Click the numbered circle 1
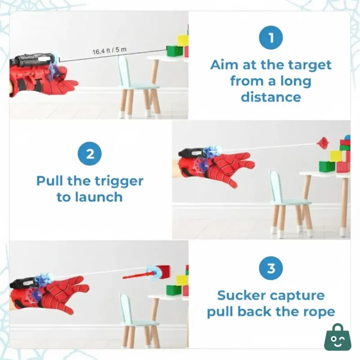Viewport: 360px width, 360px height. click(271, 38)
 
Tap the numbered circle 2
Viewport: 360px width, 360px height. click(90, 154)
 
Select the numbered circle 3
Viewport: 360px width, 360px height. click(271, 269)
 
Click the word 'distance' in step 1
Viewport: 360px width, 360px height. click(271, 97)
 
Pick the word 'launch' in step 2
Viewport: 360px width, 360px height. click(102, 197)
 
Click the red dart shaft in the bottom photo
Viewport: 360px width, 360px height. click(135, 274)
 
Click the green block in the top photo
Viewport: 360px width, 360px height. click(174, 50)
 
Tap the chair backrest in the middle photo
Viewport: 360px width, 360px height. click(275, 184)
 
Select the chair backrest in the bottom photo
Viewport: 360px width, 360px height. click(126, 307)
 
